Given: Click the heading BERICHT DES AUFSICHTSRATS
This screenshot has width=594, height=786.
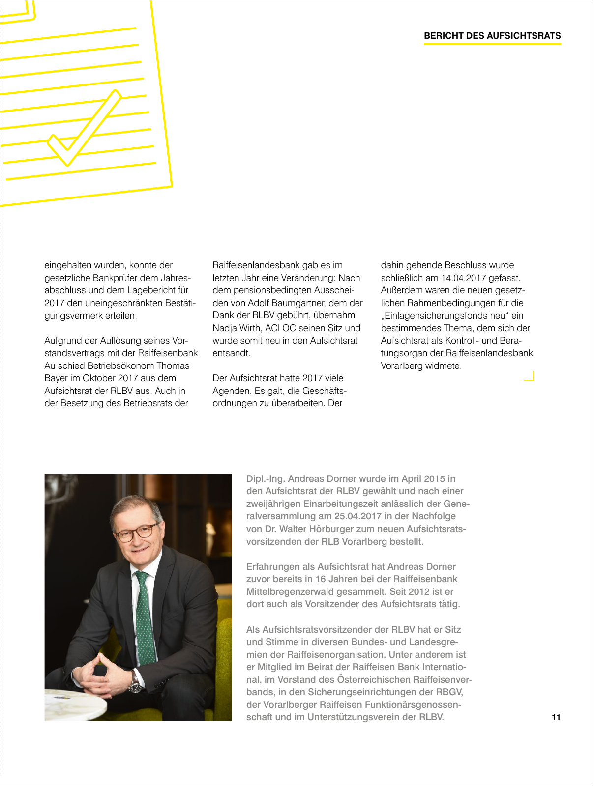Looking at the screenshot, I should click(492, 36).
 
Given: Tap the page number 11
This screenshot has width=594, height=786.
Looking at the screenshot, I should click(556, 717).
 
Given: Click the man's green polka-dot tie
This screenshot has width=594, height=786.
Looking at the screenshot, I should click(144, 619).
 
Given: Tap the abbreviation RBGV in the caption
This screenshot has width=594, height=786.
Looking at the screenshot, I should click(448, 692).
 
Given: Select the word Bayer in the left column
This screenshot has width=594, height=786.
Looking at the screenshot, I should click(56, 378).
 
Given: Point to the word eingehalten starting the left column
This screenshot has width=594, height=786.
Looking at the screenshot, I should click(66, 265).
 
